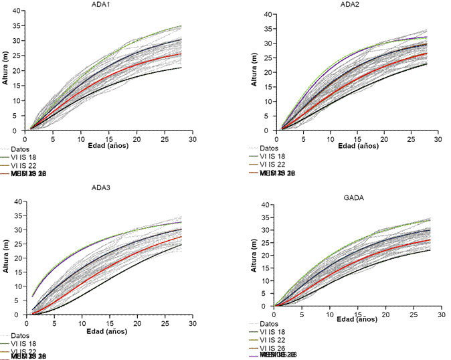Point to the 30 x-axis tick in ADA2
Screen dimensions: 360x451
click(x=438, y=139)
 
